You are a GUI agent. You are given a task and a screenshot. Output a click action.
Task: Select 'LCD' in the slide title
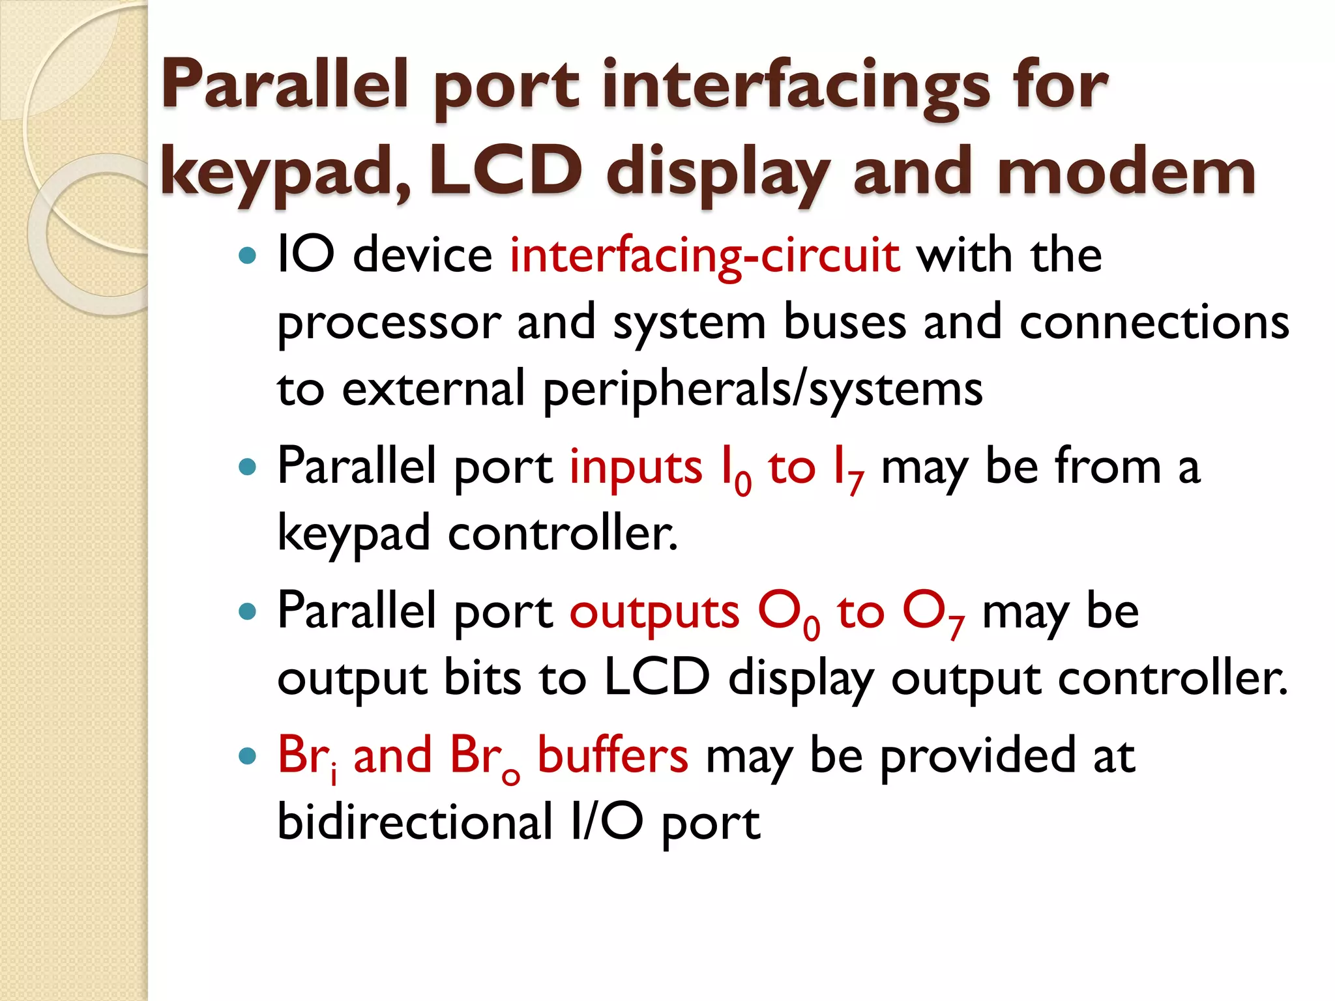pos(505,171)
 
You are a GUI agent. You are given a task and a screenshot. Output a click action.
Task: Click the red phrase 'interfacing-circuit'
pos(705,255)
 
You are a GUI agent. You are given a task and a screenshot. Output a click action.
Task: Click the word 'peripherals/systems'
pos(763,390)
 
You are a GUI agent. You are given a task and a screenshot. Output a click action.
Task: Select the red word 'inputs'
pos(636,467)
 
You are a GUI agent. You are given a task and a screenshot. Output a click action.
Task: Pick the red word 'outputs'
pos(654,612)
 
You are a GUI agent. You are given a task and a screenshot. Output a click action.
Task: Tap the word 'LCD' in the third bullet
pos(656,678)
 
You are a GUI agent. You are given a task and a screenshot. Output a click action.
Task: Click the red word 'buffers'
pos(612,756)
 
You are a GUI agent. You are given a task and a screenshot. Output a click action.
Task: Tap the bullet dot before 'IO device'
pos(248,255)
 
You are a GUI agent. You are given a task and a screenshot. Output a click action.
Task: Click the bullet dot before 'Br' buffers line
pos(248,757)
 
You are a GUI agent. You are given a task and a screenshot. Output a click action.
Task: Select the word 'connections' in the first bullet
pos(1154,323)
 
